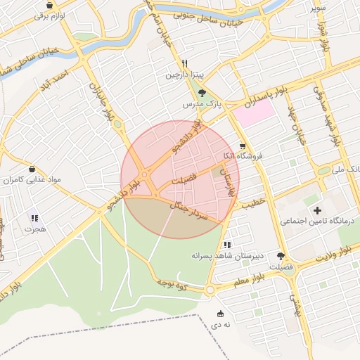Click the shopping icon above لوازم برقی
49,5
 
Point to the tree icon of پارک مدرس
202,92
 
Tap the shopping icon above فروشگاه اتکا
243,146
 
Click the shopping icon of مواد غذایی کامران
33,169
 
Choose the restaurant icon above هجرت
34,218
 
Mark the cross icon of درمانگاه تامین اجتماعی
317,210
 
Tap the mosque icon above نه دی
221,314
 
